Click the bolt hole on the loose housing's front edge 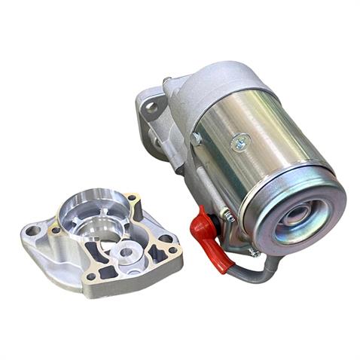point(91,276)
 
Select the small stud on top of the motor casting point(166,78)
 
